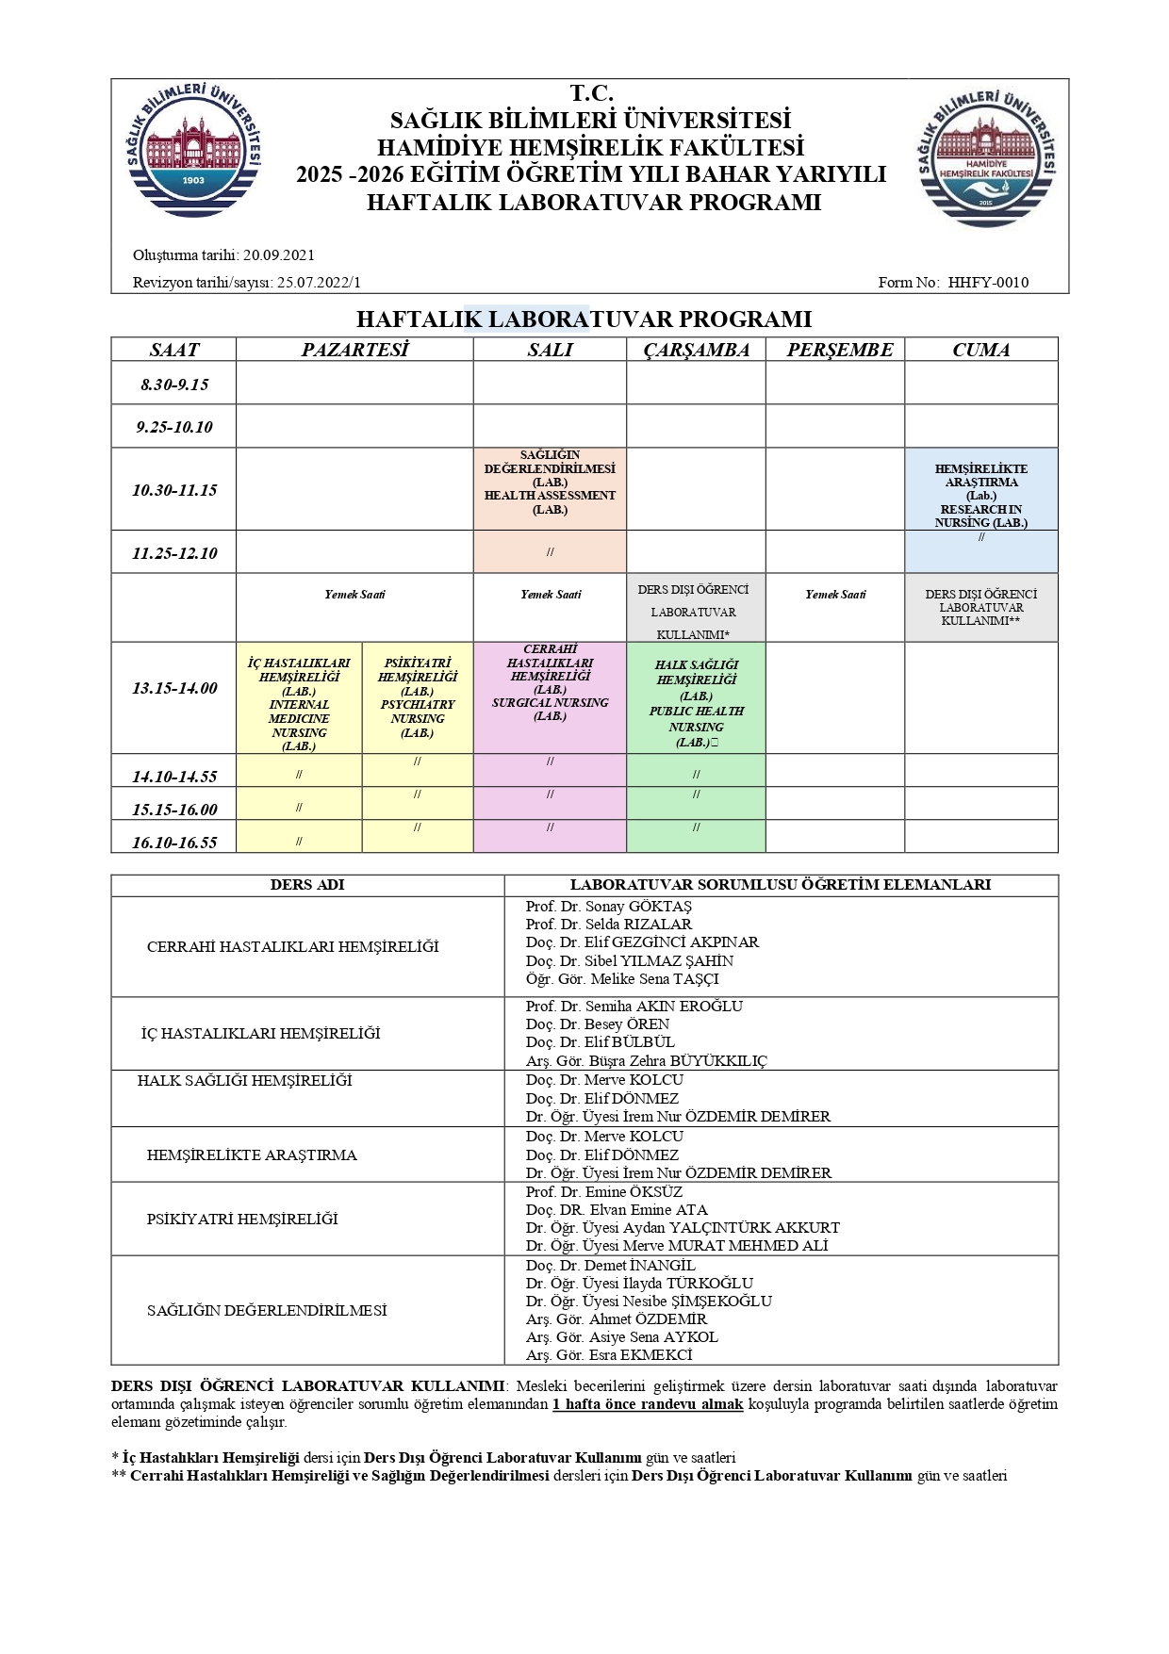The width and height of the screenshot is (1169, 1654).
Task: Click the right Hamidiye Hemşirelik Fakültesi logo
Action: coord(986,156)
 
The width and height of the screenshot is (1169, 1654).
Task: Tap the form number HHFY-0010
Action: coord(987,282)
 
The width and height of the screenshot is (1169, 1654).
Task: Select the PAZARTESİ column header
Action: coord(354,350)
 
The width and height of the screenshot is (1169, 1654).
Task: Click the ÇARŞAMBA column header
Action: coord(696,350)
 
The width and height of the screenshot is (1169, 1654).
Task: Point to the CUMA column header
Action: coord(980,350)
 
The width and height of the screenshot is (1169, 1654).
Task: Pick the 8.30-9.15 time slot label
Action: coord(174,385)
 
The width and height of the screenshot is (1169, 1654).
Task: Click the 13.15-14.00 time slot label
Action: coord(174,688)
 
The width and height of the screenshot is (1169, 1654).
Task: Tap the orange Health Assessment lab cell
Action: coord(550,483)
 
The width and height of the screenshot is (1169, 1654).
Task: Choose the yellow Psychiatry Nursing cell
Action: coord(418,697)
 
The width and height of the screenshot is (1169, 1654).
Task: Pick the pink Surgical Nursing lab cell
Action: coord(550,683)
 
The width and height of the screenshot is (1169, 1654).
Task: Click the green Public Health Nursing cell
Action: coord(696,703)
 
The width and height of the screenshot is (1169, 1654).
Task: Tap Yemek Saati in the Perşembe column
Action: coord(835,595)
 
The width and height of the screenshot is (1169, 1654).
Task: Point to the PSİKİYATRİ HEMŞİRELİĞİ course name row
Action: coord(242,1219)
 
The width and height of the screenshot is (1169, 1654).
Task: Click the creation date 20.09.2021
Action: coord(278,254)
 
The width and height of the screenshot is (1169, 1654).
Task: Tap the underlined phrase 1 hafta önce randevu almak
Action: coord(648,1404)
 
